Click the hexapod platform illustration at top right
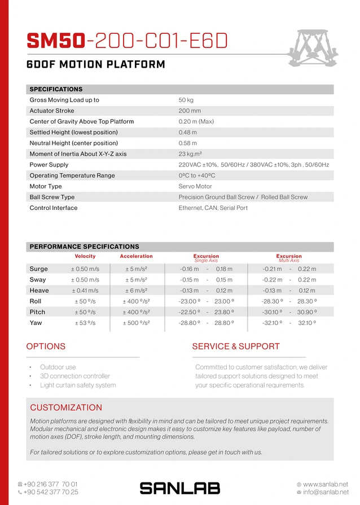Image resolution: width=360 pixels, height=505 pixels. tap(318, 46)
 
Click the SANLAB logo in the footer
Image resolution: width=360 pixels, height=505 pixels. tap(179, 488)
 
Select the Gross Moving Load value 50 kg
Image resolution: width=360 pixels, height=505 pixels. tap(186, 100)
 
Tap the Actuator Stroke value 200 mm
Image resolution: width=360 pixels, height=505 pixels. tap(190, 111)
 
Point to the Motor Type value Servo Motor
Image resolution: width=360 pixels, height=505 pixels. tap(195, 186)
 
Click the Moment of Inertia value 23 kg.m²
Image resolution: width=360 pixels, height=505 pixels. tap(190, 154)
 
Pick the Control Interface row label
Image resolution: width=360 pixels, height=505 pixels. tap(54, 208)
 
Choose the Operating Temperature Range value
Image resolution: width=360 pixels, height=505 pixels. tap(197, 175)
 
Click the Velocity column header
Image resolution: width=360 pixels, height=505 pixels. tap(85, 257)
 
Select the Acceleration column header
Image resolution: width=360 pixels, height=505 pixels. tap(136, 257)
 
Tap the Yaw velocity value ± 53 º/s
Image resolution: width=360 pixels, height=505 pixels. tap(85, 323)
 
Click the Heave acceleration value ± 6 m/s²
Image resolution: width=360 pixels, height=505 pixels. tap(136, 291)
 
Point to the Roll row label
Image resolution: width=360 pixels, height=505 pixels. tap(36, 301)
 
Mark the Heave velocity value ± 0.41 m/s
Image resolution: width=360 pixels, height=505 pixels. tap(85, 291)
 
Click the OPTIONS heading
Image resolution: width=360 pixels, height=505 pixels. tap(46, 346)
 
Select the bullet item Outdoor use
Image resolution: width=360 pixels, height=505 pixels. tap(58, 367)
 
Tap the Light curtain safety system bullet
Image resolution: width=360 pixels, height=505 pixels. tap(78, 385)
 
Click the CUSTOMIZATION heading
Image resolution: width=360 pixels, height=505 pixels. tap(66, 407)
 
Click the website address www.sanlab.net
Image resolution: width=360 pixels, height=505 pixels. tap(326, 484)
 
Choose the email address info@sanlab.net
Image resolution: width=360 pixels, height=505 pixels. tap(326, 493)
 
